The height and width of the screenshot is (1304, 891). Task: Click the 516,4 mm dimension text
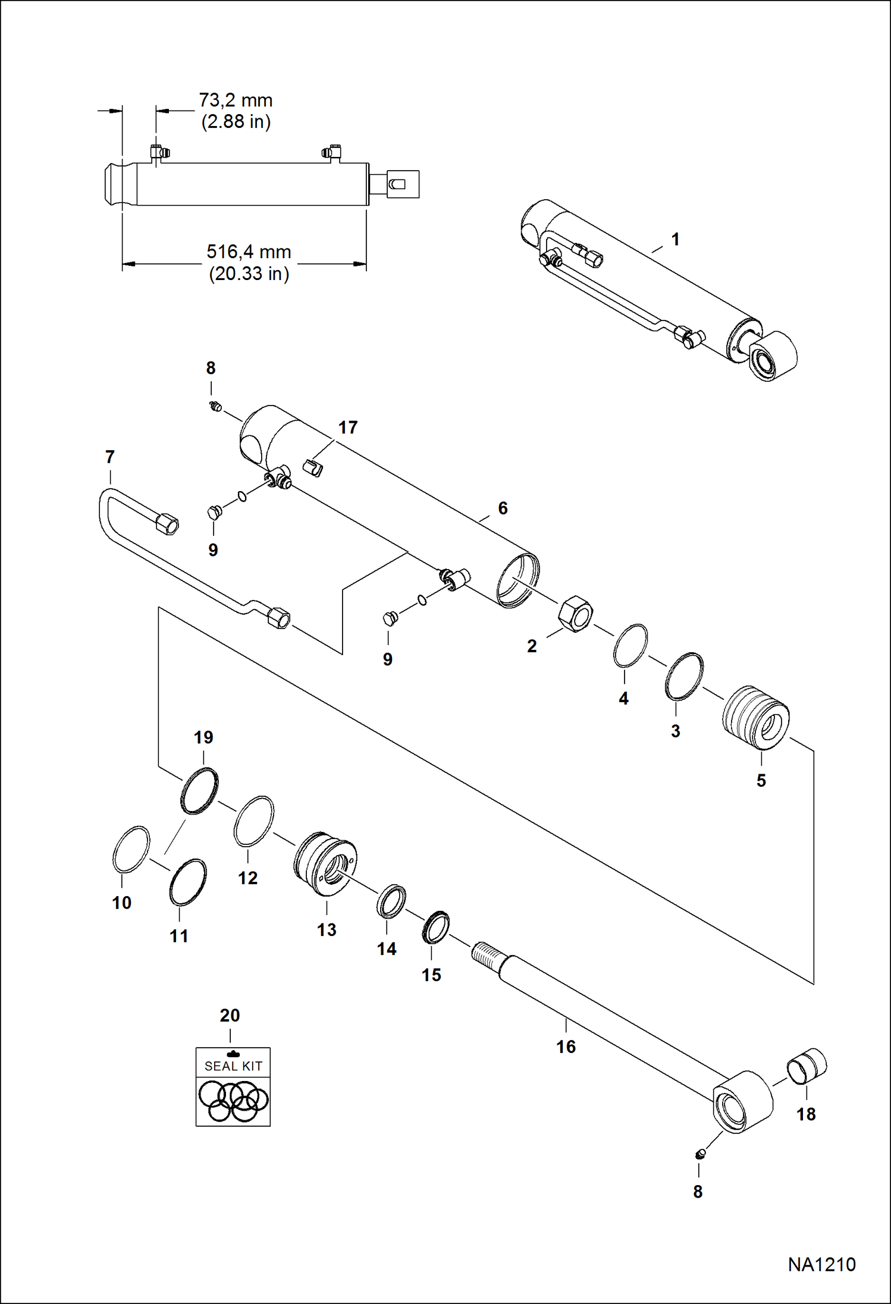click(249, 252)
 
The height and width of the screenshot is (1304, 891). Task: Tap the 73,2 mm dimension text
click(236, 100)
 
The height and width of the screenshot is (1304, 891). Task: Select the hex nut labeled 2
click(575, 613)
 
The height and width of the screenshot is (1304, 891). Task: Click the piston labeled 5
click(757, 717)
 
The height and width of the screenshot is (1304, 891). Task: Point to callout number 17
click(348, 428)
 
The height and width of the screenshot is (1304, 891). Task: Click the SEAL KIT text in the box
click(233, 1066)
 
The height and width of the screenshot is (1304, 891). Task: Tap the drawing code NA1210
click(821, 1264)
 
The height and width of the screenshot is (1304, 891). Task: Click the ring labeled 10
click(131, 849)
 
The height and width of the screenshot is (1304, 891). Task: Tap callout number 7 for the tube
click(109, 457)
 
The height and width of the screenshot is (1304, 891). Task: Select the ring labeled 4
click(630, 646)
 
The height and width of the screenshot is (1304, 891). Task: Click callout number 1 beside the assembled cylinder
click(675, 240)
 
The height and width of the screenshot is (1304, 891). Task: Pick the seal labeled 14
click(391, 900)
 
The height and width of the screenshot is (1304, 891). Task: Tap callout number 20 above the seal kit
click(230, 1015)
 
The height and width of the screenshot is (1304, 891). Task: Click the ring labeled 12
click(254, 821)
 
